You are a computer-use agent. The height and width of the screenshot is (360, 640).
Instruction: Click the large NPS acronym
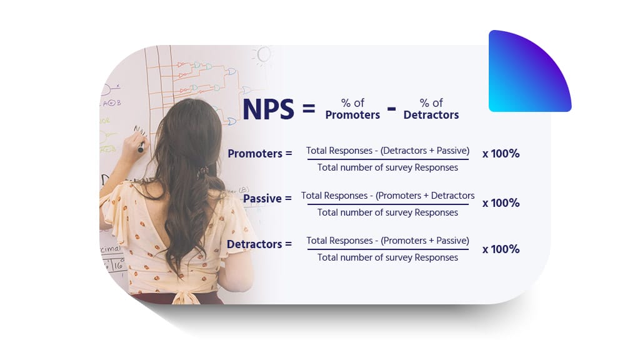267,109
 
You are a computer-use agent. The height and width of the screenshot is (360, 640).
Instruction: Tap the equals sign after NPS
309,109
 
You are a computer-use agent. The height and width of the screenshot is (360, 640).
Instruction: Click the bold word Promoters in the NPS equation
352,115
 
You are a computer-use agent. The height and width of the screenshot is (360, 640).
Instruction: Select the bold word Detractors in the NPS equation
431,115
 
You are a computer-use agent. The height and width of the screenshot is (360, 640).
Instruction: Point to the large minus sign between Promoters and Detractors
391,109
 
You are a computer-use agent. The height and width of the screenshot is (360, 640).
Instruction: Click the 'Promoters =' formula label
259,153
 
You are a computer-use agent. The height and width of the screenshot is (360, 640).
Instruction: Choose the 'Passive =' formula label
267,199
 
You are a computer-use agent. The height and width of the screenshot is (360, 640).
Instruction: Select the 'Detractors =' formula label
259,244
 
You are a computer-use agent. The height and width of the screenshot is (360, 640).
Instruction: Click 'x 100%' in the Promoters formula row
501,153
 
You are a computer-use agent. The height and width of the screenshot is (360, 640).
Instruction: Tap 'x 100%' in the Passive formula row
501,203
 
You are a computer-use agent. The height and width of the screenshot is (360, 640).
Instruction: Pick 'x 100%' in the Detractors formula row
501,249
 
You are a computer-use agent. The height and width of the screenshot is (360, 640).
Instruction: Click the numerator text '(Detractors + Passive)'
424,151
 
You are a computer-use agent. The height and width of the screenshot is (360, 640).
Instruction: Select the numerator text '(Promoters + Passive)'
425,241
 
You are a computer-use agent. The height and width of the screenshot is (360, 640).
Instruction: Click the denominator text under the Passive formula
387,212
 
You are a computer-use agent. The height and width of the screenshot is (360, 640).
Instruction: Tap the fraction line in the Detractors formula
387,249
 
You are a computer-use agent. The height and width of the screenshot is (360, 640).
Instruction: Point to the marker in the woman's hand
141,147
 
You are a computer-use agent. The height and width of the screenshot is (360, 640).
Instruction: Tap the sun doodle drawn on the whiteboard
263,55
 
